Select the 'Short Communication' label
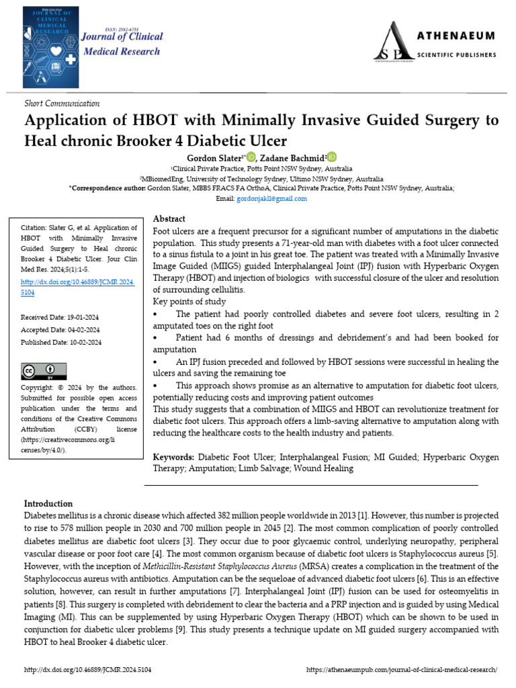62,103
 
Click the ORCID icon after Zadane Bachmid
332,157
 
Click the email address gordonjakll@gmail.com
273,199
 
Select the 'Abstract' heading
169,219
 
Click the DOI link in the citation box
78,287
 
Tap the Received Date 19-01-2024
61,317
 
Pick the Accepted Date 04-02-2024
61,330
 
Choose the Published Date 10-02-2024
62,342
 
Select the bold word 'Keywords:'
173,458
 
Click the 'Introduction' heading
48,504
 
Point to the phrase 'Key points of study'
190,302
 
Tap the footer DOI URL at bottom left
87,670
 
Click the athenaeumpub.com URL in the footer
402,670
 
